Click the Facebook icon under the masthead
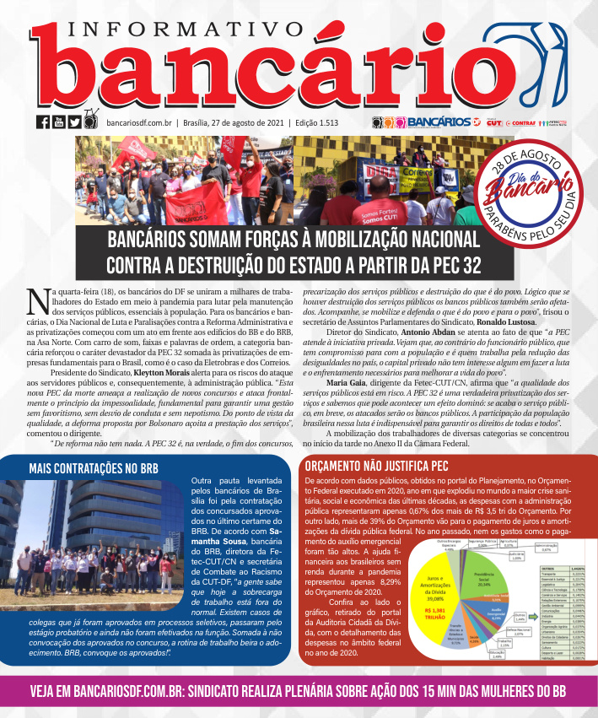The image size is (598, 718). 43,122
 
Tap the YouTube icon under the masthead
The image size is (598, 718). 59,122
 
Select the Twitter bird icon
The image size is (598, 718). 75,122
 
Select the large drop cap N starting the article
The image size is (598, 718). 37,300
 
